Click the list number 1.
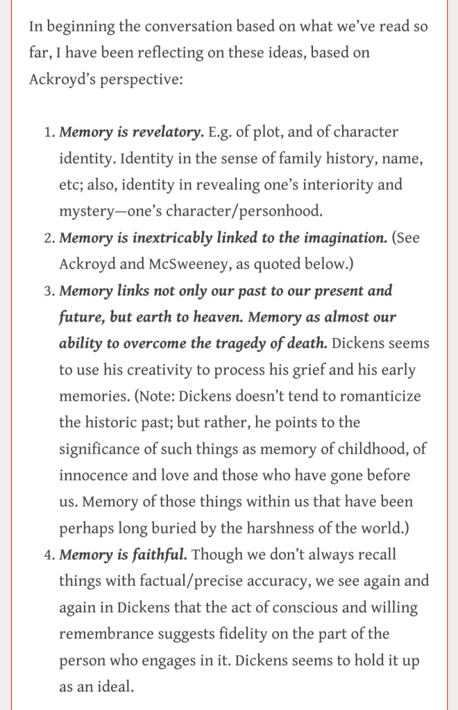click(48, 132)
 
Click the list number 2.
click(48, 239)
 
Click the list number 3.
click(48, 291)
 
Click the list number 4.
click(48, 555)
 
